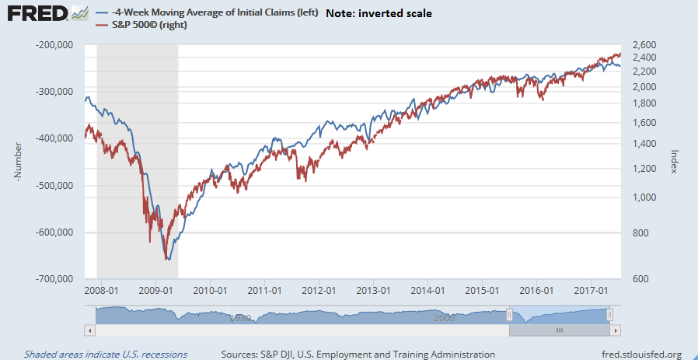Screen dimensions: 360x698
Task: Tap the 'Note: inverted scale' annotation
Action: tap(379, 13)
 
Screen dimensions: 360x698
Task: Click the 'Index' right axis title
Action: tap(675, 163)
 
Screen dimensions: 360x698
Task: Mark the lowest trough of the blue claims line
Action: tap(167, 260)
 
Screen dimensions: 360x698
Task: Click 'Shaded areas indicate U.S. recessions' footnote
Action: tap(106, 355)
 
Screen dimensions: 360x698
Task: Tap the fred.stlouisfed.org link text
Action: tap(635, 355)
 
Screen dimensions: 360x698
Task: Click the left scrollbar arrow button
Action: tap(90, 330)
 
